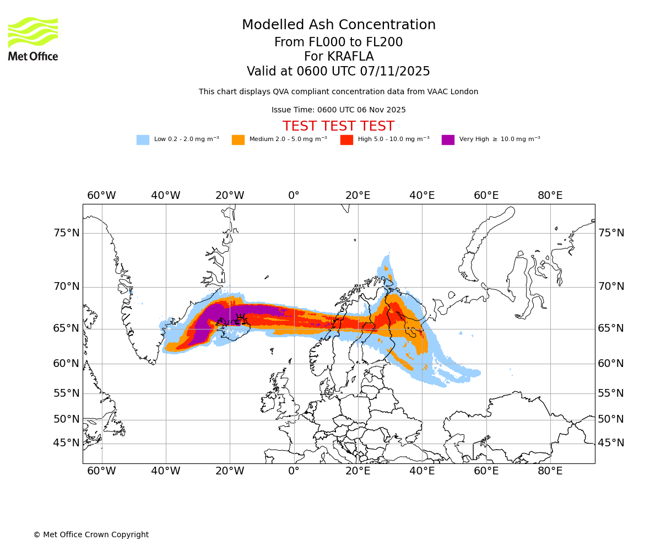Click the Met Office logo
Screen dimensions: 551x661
click(33, 39)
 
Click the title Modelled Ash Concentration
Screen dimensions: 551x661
click(339, 25)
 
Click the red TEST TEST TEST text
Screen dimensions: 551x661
click(338, 126)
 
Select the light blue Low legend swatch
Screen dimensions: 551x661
click(143, 140)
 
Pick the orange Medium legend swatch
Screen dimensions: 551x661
click(238, 140)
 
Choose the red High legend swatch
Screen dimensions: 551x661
click(346, 140)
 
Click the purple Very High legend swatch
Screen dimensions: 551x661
click(448, 140)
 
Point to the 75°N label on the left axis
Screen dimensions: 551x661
click(67, 233)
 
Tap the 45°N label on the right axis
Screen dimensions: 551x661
click(611, 443)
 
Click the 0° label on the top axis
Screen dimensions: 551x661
click(294, 196)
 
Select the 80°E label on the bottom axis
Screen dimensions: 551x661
click(550, 471)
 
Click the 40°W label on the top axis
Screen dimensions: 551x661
click(166, 196)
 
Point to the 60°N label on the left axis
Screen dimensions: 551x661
click(67, 364)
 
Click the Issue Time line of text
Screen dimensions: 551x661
click(338, 110)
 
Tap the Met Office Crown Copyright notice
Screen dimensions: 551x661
click(91, 535)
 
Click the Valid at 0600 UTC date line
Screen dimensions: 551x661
click(338, 72)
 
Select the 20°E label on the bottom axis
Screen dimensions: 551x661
click(358, 471)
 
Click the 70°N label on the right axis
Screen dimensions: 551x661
click(611, 287)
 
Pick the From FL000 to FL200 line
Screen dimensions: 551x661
click(338, 42)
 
